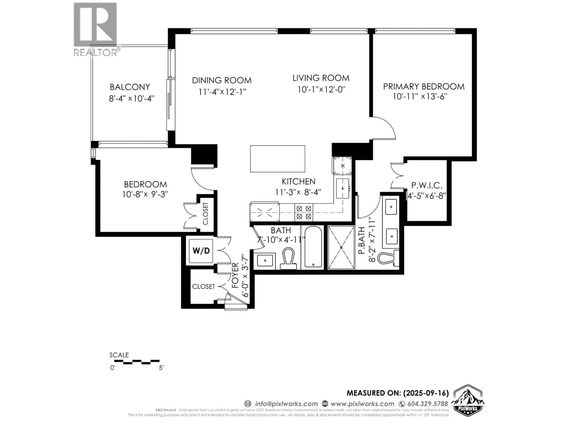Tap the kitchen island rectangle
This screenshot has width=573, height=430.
277,159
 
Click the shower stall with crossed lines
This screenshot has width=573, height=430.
341,248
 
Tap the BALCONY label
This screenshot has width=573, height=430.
130,87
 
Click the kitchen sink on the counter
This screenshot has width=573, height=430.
342,188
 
